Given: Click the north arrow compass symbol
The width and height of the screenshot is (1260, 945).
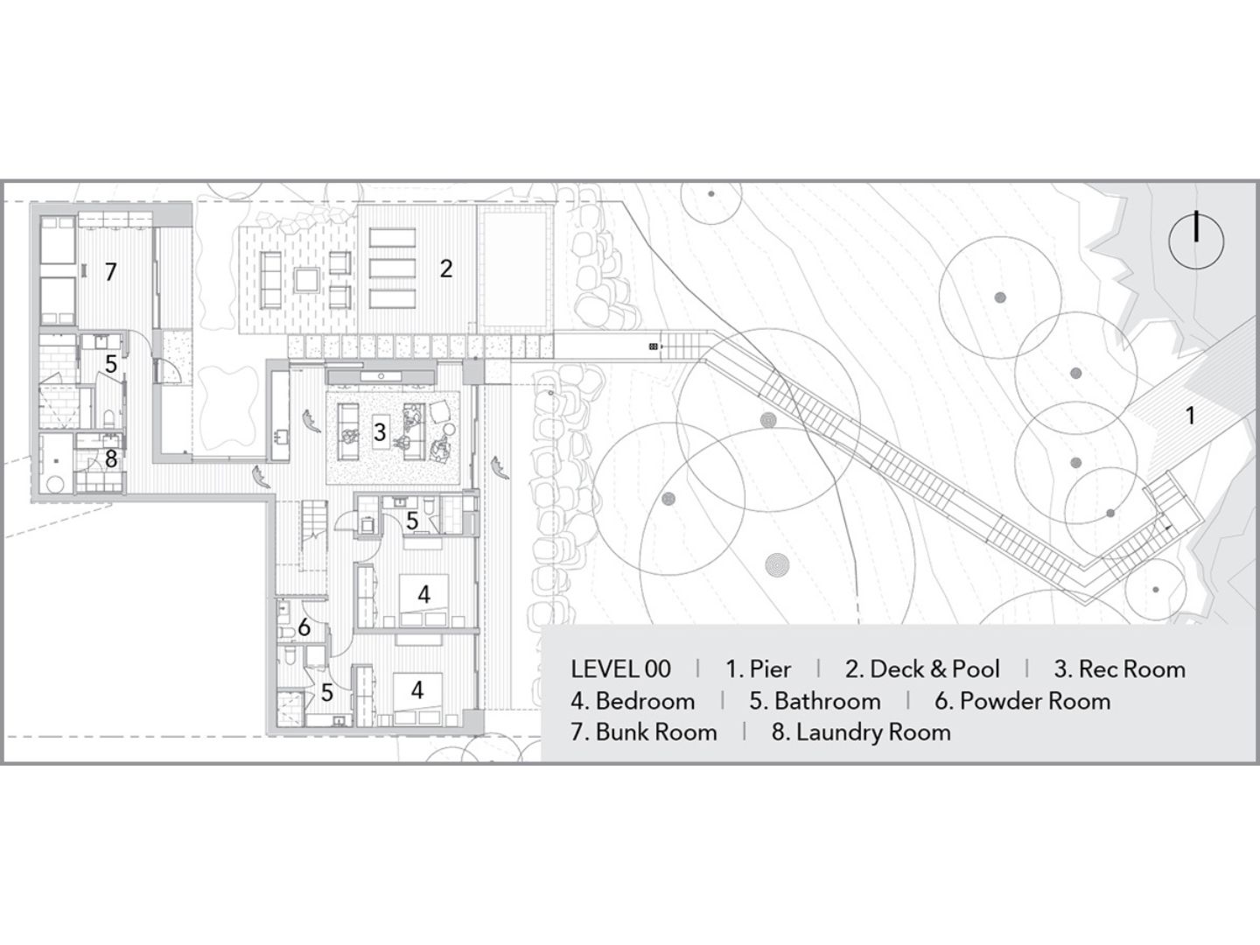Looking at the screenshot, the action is pos(1196,241).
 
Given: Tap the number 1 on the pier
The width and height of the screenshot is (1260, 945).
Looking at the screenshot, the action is pos(1190,416).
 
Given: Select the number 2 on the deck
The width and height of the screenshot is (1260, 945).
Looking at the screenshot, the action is pos(446,269).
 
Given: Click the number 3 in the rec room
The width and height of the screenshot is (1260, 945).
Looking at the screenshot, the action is pos(380,432).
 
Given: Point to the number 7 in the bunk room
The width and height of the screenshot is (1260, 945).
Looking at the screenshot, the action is pos(111,271).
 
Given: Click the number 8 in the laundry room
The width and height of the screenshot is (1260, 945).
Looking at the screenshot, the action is pos(111,458).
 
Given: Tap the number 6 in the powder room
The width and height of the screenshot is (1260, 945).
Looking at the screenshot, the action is pos(304,627).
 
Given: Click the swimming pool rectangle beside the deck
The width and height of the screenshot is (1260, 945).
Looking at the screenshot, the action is pos(514,269).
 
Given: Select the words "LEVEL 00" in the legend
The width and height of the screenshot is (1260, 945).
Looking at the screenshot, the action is pos(620,669).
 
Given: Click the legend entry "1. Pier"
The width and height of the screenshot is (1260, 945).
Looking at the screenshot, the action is pos(759,669).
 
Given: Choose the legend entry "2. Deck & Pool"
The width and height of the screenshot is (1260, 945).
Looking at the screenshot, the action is pos(922,669).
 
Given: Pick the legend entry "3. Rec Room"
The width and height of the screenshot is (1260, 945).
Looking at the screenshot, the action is pos(1119,669).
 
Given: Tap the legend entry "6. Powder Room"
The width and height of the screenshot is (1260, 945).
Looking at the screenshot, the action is pos(1022,701).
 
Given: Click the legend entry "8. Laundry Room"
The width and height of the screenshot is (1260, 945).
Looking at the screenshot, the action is pos(861,732).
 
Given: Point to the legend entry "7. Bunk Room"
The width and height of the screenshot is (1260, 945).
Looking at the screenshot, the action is pos(643,732).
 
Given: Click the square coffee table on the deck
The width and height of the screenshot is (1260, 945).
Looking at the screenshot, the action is pos(308,280).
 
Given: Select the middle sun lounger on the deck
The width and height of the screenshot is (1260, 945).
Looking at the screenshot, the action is pos(393,269).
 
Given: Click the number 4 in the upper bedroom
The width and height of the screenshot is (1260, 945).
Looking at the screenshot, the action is pos(424,594).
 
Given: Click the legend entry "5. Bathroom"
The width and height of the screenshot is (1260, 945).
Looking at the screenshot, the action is pos(815,701).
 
